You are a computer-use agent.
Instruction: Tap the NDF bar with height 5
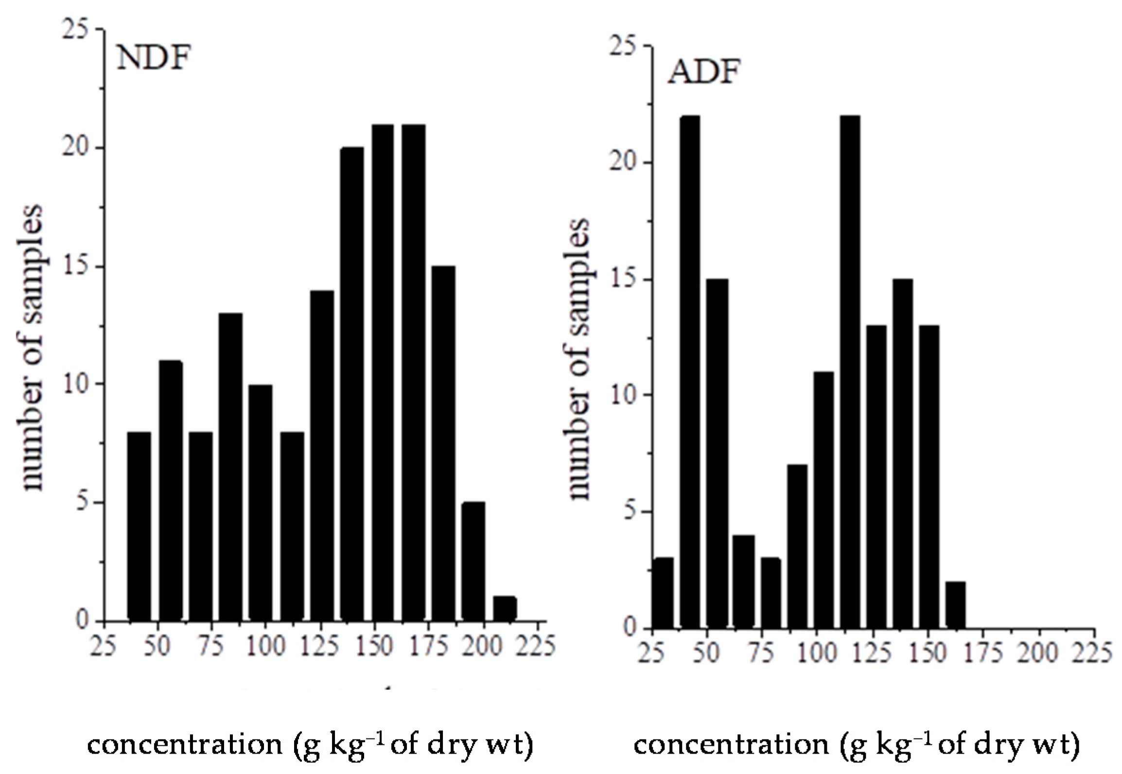(x=473, y=562)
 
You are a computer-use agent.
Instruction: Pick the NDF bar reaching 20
(x=352, y=384)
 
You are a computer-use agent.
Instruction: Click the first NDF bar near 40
(x=139, y=526)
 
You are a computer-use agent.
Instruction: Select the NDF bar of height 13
(x=230, y=467)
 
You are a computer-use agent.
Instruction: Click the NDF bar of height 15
(x=443, y=443)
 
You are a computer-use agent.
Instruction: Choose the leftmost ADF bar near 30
(x=663, y=593)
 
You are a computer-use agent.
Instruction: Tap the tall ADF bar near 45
(x=690, y=372)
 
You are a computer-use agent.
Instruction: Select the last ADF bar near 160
(x=955, y=605)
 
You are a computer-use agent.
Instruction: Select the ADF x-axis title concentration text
(x=856, y=744)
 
